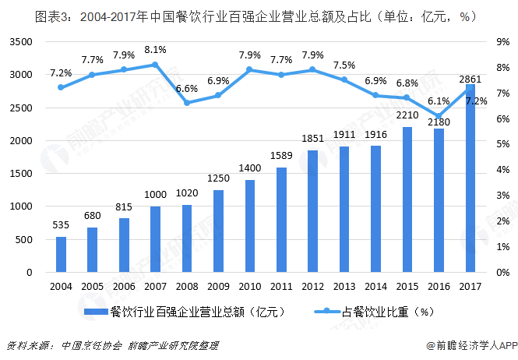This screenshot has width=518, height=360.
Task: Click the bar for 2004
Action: [x=61, y=254]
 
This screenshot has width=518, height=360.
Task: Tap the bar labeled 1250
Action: [x=219, y=231]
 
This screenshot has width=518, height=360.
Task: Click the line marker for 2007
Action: [x=155, y=65]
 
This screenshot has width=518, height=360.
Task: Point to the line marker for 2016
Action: [x=439, y=116]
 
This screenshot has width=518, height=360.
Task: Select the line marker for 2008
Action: [x=187, y=103]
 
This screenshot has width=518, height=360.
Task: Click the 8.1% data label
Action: [x=155, y=49]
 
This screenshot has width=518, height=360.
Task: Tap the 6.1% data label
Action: [x=439, y=101]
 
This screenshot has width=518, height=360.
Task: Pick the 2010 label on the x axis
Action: [x=250, y=285]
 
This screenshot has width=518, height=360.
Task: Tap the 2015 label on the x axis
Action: [x=407, y=285]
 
